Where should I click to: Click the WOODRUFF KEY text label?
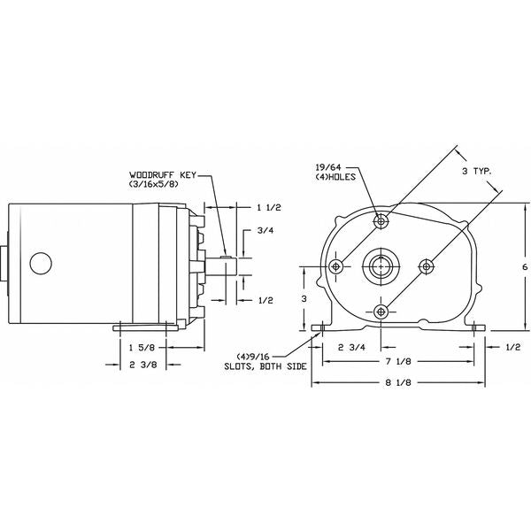(161, 174)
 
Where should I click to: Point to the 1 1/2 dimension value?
(268, 207)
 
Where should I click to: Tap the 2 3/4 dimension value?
(351, 347)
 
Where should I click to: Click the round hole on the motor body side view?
(40, 263)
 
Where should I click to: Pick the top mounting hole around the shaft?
(381, 219)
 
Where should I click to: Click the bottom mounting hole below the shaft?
(381, 311)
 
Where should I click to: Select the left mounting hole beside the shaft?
(335, 265)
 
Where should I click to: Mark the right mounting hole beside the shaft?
(427, 265)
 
